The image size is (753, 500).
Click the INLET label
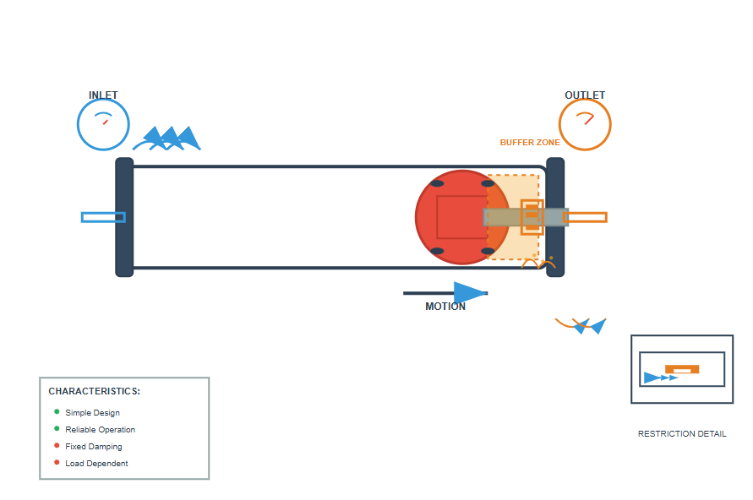coord(103,95)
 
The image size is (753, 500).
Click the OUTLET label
coord(585,95)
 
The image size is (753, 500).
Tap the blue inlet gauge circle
coord(103,125)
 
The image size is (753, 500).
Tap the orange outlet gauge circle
coord(585,125)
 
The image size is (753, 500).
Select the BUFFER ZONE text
coord(530,143)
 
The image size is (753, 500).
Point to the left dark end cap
coord(124,217)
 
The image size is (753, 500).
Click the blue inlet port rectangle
coord(103,217)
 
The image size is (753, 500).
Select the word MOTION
coord(445,307)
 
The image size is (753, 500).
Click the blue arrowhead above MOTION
coord(470,293)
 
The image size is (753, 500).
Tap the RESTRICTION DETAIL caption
coord(681,434)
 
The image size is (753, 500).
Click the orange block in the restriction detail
coord(682,369)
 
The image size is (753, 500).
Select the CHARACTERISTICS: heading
coord(94,392)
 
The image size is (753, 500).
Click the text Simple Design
coord(92,413)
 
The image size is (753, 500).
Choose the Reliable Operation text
coord(100,430)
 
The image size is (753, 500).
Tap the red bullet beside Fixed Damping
coord(57,446)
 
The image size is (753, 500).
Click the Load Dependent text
coord(96,464)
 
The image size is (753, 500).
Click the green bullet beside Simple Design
coord(57,412)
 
